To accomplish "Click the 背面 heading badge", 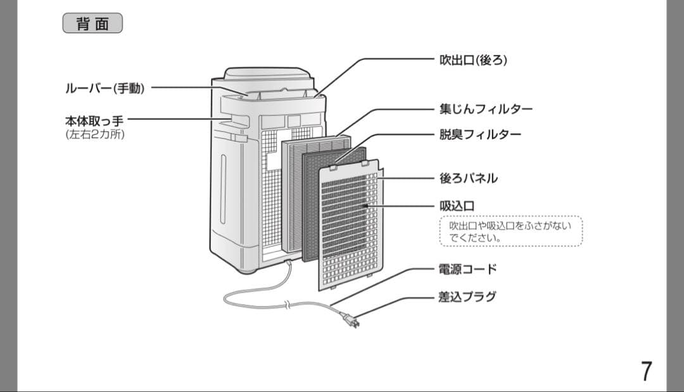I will (x=92, y=23).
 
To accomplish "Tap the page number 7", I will (x=646, y=370).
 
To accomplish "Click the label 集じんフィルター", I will (x=486, y=109).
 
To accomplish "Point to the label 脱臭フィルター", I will (x=480, y=135).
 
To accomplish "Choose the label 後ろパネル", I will (x=468, y=179).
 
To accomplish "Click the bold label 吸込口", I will (x=457, y=206).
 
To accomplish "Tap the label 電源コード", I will (x=468, y=269).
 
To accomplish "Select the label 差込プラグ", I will (x=467, y=296).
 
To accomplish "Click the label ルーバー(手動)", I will (x=105, y=89).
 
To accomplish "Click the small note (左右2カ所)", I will (x=94, y=134).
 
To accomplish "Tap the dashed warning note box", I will (x=510, y=232).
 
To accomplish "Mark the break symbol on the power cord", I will (x=288, y=305).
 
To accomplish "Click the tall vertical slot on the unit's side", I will (x=223, y=189).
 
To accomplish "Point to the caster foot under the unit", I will (x=248, y=270).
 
